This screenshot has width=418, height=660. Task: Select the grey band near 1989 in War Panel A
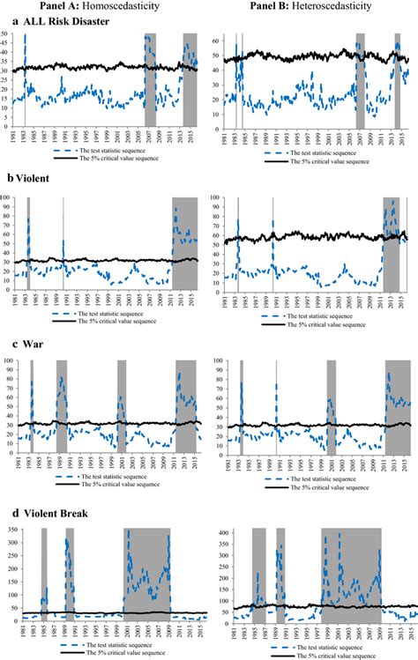pos(62,405)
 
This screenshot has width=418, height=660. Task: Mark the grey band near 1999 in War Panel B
pos(331,405)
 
